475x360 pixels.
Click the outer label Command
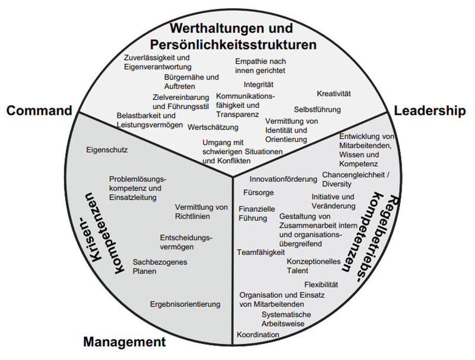[x=39, y=110]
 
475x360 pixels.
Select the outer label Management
[x=123, y=342]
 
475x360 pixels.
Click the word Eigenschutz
[x=107, y=150]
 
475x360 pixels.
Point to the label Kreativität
[x=334, y=94]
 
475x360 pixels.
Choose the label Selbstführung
[x=317, y=109]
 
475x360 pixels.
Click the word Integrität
[x=258, y=85]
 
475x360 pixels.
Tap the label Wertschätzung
[x=213, y=127]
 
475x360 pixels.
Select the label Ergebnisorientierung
[x=185, y=304]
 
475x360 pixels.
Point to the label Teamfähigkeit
[x=261, y=252]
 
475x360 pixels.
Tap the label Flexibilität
[x=321, y=285]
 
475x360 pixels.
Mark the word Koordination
[x=258, y=335]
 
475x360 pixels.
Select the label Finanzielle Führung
[x=256, y=214]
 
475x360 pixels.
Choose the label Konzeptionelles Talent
[x=313, y=266]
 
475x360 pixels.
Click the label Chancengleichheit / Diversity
[x=355, y=179]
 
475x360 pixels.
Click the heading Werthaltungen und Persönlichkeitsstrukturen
[x=232, y=36]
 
